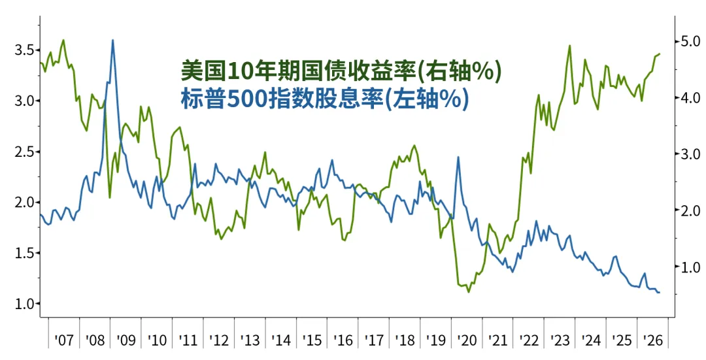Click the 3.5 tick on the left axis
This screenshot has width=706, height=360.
tap(24, 50)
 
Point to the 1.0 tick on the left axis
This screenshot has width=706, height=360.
tap(24, 304)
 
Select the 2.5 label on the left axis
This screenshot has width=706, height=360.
tap(24, 152)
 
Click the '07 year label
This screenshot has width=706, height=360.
tap(63, 340)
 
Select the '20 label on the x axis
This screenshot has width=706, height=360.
tap(467, 340)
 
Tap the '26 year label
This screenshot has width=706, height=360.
tap(653, 340)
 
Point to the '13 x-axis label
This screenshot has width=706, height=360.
tap(250, 340)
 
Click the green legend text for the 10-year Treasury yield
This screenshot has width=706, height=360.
tap(341, 72)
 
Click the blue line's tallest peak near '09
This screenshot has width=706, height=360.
tap(112, 40)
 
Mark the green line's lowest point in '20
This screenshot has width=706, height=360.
tap(468, 292)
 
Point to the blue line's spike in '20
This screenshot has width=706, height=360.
tap(458, 157)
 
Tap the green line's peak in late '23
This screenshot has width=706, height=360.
tap(570, 46)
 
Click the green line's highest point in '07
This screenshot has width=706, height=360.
tap(63, 40)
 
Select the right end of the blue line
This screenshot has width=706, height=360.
tap(660, 293)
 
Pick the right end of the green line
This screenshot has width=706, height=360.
tap(660, 54)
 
